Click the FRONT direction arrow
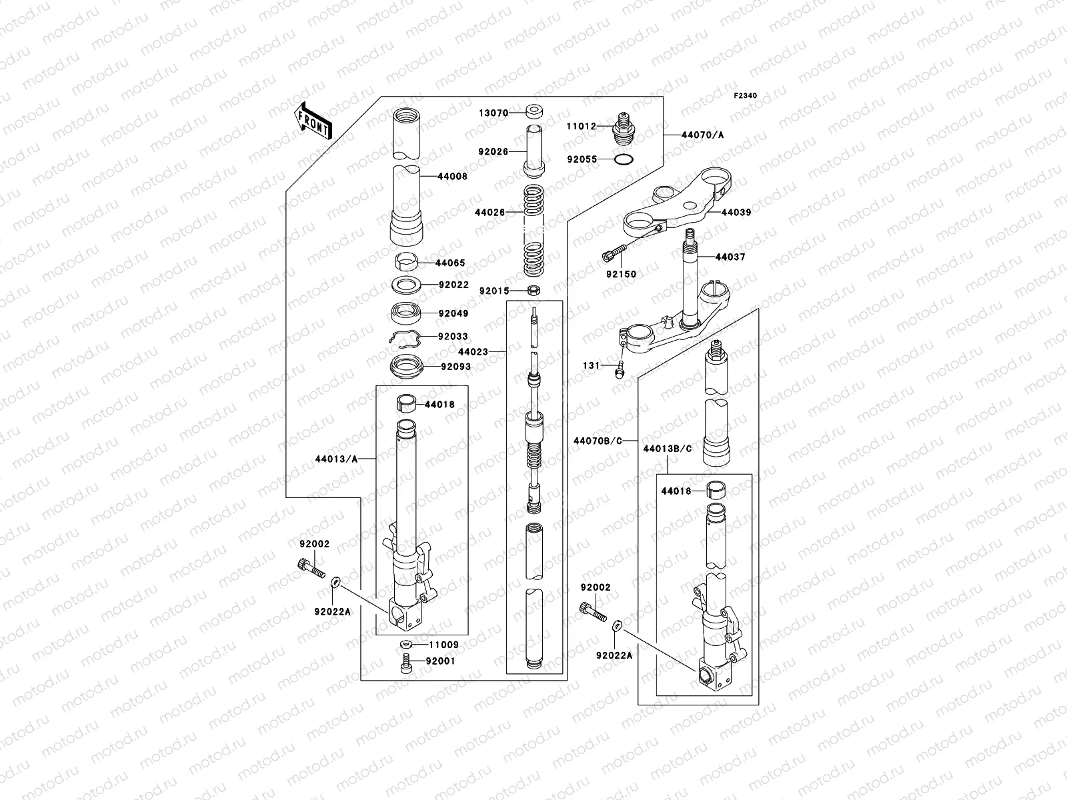coord(313,121)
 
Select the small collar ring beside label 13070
coord(533,112)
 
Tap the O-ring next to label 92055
coord(622,160)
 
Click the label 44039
coord(736,213)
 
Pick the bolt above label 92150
coord(614,253)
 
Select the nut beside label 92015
coord(533,290)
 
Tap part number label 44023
coord(473,351)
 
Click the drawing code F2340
coord(746,96)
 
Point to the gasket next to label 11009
coord(405,645)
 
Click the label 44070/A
coord(702,135)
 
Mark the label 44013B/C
coord(668,449)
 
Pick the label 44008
coord(452,177)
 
